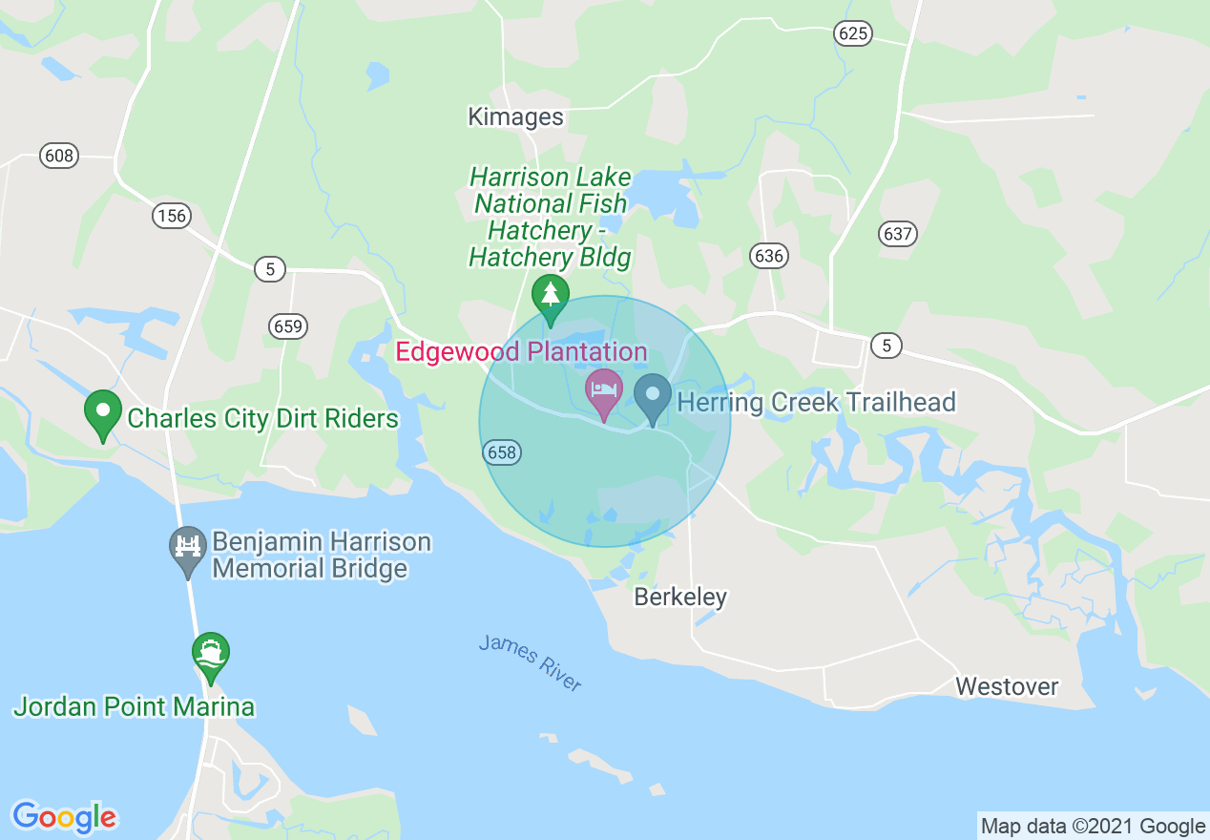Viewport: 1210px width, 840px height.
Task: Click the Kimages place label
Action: pyautogui.click(x=515, y=117)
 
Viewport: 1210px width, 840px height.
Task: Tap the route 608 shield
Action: pyautogui.click(x=59, y=155)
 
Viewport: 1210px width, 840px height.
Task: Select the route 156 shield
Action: pyautogui.click(x=172, y=216)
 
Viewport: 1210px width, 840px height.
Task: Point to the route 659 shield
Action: pyautogui.click(x=287, y=326)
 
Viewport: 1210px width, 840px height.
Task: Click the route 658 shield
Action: pyautogui.click(x=502, y=452)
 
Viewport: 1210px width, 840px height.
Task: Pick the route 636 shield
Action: pyautogui.click(x=768, y=255)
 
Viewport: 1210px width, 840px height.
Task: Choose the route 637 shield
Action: pyautogui.click(x=898, y=233)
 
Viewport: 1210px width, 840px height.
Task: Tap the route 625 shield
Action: pyautogui.click(x=853, y=33)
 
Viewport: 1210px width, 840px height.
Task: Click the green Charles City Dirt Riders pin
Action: pyautogui.click(x=103, y=412)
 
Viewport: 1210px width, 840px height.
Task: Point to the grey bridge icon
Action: pyautogui.click(x=188, y=547)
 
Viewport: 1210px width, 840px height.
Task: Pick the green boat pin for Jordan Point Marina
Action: pyautogui.click(x=210, y=654)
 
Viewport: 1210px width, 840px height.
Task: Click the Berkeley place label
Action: pyautogui.click(x=680, y=598)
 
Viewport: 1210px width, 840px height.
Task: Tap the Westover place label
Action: pyautogui.click(x=1007, y=686)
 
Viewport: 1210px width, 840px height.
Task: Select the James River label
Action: pyautogui.click(x=531, y=663)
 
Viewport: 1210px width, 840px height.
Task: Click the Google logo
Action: pyautogui.click(x=65, y=816)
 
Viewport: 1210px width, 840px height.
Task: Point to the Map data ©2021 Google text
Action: pyautogui.click(x=1094, y=827)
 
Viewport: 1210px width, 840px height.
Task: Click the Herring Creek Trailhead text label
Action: pyautogui.click(x=816, y=402)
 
